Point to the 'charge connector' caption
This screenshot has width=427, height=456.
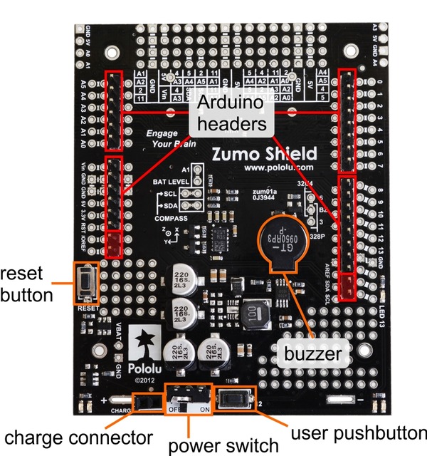(78, 436)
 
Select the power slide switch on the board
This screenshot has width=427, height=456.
(188, 400)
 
